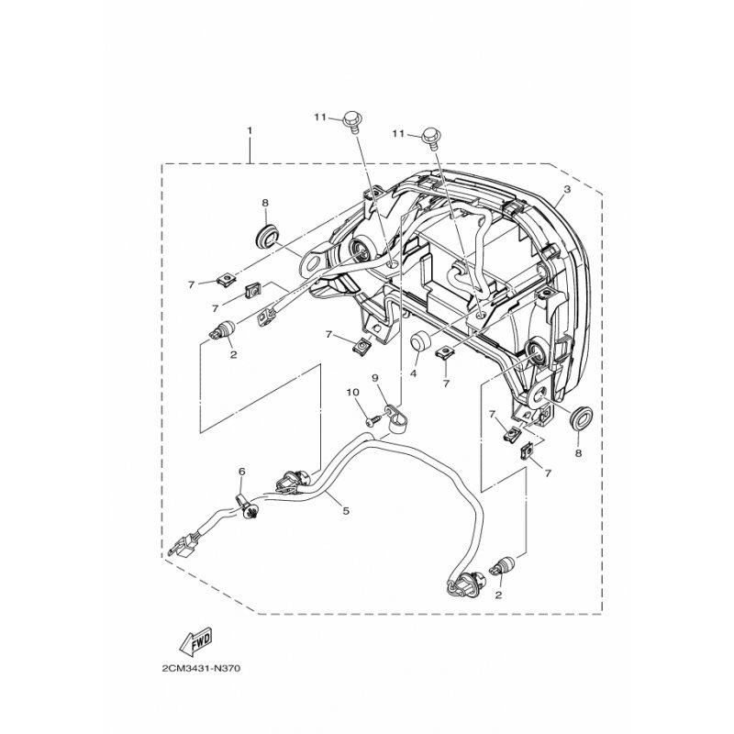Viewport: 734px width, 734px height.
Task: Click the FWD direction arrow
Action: (x=195, y=639)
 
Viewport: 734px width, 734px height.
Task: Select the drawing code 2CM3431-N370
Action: (x=201, y=669)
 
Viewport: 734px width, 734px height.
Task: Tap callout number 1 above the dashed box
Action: (x=250, y=129)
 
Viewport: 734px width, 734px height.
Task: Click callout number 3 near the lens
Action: (x=567, y=190)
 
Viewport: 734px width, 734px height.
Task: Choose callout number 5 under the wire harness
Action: (x=346, y=511)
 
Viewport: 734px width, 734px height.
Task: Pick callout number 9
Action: (x=374, y=378)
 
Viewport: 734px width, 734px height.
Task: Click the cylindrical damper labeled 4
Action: (x=419, y=341)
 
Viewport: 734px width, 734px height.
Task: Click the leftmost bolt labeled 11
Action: (x=351, y=121)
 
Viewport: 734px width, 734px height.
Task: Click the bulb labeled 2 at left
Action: (x=223, y=329)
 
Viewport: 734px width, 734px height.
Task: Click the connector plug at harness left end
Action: (x=179, y=548)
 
